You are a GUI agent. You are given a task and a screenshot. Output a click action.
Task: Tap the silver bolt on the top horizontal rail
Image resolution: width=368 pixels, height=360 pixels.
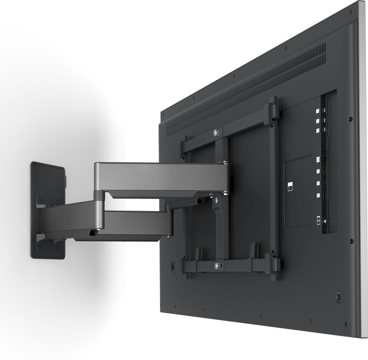point(216,133)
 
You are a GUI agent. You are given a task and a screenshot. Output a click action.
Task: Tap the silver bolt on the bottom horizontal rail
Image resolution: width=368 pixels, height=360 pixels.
point(217,265)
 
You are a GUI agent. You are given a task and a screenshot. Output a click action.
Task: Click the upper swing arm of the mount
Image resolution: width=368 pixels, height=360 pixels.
point(159,176)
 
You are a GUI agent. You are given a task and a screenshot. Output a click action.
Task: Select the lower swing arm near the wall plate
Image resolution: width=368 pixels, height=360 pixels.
point(70,221)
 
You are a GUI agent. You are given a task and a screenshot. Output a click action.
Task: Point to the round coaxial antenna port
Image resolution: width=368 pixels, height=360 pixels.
point(327,221)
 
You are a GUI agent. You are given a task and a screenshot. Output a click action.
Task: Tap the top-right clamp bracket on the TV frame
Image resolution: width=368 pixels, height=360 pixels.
point(272,111)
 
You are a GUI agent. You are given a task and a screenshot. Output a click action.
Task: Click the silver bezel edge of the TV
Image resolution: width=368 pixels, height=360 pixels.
point(362,164)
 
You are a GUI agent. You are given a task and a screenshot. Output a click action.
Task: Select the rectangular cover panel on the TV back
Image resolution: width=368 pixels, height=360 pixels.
point(298,192)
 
